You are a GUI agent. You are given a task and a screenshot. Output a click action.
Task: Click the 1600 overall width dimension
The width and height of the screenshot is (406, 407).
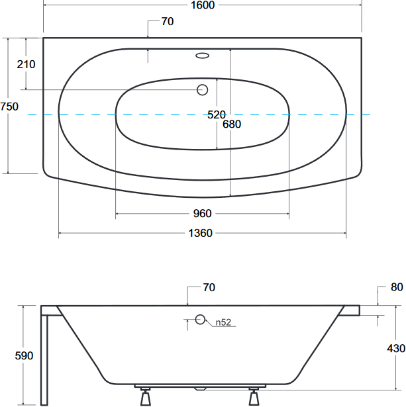pyautogui.click(x=203, y=5)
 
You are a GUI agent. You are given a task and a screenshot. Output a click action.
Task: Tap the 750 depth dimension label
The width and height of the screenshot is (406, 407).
pyautogui.click(x=9, y=107)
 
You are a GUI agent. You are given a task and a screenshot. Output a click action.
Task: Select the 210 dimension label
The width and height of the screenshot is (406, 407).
pyautogui.click(x=26, y=64)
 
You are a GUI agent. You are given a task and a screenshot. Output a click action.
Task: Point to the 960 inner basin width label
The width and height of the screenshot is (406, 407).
pyautogui.click(x=203, y=213)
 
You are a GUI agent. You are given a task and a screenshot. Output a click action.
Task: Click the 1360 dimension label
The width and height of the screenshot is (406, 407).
pyautogui.click(x=200, y=233)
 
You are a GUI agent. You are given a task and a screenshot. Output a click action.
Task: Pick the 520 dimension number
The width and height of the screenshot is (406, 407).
pyautogui.click(x=217, y=114)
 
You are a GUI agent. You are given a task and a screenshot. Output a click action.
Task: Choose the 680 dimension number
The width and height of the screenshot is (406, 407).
pyautogui.click(x=232, y=124)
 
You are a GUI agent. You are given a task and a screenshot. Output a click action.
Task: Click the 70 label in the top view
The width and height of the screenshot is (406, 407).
pyautogui.click(x=168, y=22)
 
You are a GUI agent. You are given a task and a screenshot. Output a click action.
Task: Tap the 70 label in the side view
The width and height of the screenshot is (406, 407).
pyautogui.click(x=209, y=288)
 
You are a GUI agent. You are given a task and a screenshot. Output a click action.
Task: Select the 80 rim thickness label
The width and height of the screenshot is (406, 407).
pyautogui.click(x=397, y=287)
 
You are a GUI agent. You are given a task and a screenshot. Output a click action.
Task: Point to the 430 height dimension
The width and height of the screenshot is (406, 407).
pyautogui.click(x=396, y=348)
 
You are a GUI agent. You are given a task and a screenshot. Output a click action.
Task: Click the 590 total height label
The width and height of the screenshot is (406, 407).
pyautogui.click(x=24, y=355)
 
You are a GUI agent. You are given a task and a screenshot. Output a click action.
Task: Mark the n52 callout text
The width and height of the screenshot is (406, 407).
pyautogui.click(x=223, y=322)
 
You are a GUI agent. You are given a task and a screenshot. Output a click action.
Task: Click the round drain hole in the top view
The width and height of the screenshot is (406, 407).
pyautogui.click(x=203, y=90)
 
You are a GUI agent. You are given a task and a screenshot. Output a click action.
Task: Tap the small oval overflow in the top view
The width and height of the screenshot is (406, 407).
pyautogui.click(x=203, y=56)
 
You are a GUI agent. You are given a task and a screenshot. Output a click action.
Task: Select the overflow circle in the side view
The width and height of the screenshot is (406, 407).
pyautogui.click(x=200, y=320)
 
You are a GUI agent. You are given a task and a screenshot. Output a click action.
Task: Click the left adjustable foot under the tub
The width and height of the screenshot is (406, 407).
pyautogui.click(x=146, y=396)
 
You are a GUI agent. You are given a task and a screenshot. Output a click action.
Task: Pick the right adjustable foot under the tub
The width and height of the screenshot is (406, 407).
pyautogui.click(x=254, y=396)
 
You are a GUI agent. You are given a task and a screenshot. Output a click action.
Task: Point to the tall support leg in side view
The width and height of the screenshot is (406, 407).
pyautogui.click(x=44, y=359)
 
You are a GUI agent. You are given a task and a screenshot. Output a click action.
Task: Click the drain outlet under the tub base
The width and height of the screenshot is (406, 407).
pyautogui.click(x=200, y=389)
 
